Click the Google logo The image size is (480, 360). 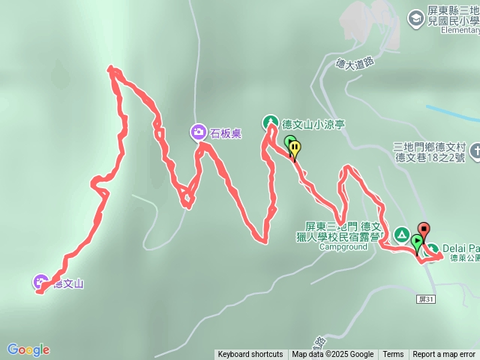tap(28, 349)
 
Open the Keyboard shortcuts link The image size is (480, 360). tap(250, 355)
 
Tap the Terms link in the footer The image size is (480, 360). tap(393, 355)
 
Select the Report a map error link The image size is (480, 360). tap(444, 355)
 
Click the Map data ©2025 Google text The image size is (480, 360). tap(333, 355)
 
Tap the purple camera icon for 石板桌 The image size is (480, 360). tap(198, 133)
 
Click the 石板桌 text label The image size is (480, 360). tap(225, 133)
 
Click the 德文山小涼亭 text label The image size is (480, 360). tap(313, 124)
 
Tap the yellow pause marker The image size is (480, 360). tap(295, 148)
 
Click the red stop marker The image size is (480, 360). tap(424, 230)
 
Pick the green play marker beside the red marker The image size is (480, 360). tap(416, 241)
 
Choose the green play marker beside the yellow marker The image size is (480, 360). tap(289, 141)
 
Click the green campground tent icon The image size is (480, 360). tap(401, 235)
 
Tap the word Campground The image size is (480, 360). tap(343, 247)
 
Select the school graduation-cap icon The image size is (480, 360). tap(415, 16)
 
